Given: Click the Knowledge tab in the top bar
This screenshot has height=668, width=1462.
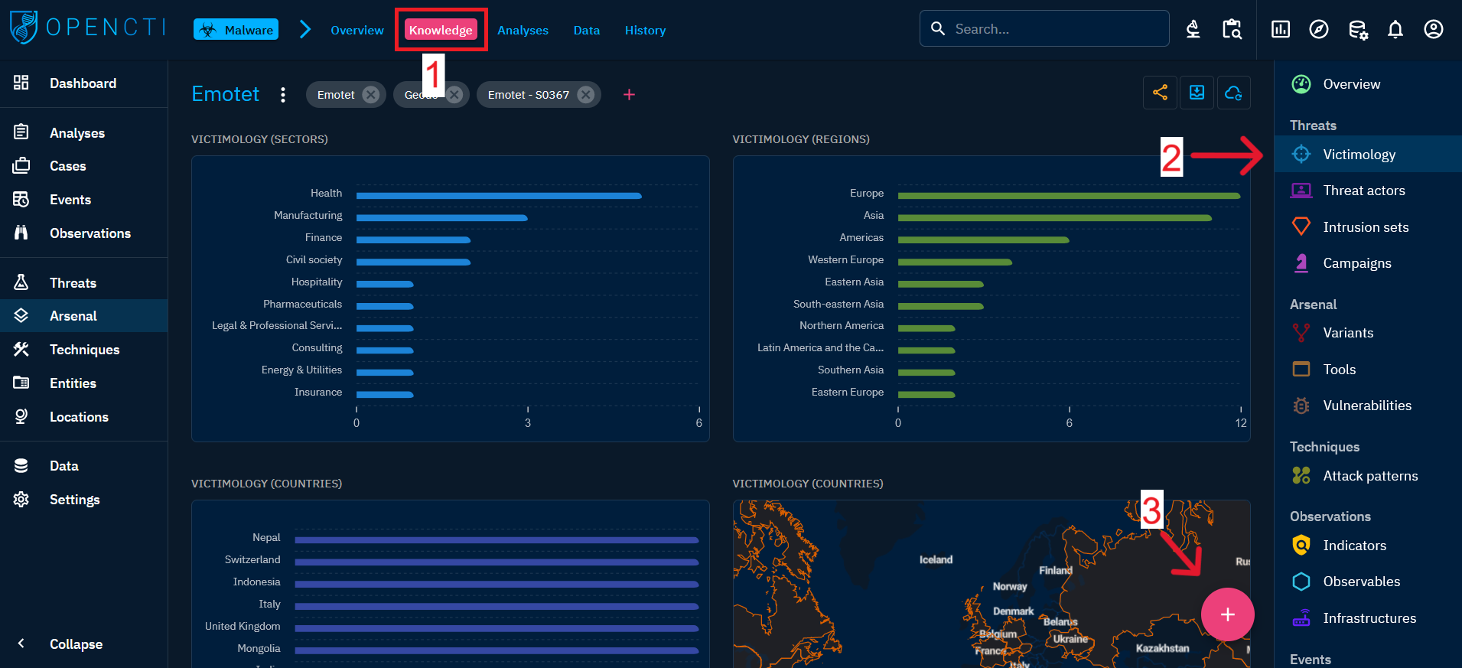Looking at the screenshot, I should [x=441, y=31].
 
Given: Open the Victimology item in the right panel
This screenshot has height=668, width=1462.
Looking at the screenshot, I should [x=1359, y=155].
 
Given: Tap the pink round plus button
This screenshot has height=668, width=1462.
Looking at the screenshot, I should [x=1227, y=614].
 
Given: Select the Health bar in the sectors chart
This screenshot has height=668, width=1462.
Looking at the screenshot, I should [x=499, y=196].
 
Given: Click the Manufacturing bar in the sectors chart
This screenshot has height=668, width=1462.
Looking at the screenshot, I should [x=441, y=218].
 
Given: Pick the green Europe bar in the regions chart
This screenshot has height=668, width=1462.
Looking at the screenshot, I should [x=1068, y=196].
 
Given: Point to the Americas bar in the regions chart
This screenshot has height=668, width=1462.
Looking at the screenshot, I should [x=983, y=240].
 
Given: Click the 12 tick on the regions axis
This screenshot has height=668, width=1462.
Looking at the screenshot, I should [x=1240, y=423].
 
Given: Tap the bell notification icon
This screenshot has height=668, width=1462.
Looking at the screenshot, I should [x=1395, y=30].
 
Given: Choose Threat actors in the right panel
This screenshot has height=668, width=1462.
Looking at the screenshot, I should [x=1363, y=191].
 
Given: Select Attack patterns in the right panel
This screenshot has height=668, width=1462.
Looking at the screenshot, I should [x=1369, y=476].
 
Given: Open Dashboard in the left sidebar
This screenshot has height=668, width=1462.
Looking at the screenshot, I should [x=83, y=83].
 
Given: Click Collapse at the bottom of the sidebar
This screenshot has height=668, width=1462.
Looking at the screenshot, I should [x=75, y=644].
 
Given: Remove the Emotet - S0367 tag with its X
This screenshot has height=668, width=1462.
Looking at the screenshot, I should [x=585, y=95].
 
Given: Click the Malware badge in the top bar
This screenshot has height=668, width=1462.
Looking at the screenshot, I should [x=236, y=30].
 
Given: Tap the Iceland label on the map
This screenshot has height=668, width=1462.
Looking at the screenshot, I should [x=936, y=560].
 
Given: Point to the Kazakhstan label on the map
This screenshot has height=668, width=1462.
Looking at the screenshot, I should [x=1162, y=649].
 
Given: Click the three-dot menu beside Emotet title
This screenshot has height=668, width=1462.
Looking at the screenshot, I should [x=283, y=95].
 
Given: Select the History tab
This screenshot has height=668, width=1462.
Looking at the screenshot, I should [x=645, y=31].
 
